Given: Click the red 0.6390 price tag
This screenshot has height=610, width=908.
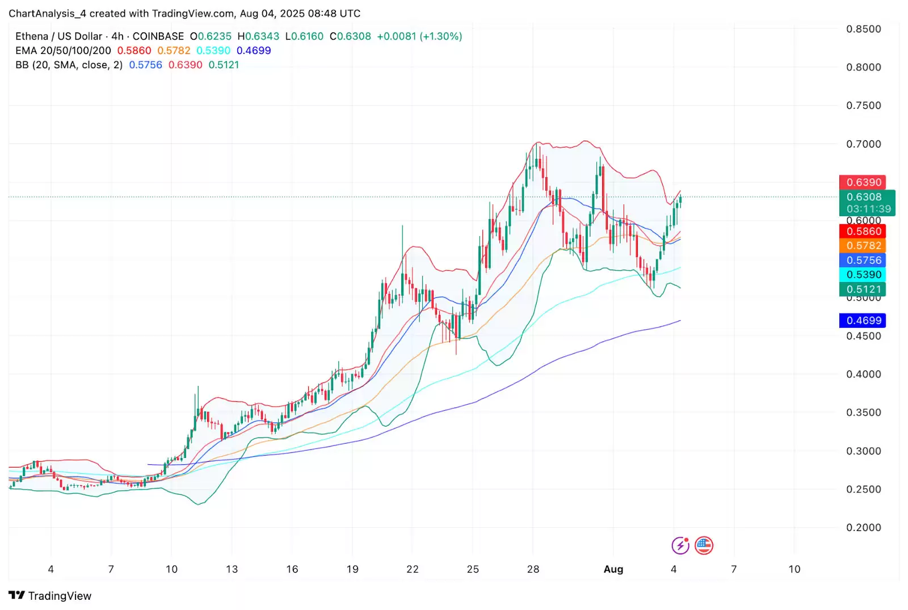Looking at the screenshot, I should [x=863, y=182].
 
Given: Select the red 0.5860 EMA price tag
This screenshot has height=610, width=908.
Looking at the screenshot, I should [x=863, y=232].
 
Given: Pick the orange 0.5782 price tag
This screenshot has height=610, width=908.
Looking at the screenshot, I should [x=863, y=246].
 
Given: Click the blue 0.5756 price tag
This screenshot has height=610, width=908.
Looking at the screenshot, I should [x=863, y=260].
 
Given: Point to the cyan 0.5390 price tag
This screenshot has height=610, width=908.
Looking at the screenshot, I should [x=863, y=275].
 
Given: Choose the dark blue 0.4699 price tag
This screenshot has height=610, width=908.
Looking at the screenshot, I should [x=863, y=321].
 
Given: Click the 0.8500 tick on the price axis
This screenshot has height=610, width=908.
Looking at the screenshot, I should [x=864, y=29].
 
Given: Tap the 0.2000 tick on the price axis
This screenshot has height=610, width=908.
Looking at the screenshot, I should [x=864, y=528].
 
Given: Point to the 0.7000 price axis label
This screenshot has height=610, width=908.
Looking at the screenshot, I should [x=864, y=144].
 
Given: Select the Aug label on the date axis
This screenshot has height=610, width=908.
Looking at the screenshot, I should [x=613, y=569].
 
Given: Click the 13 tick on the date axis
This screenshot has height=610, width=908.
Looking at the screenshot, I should [x=232, y=569].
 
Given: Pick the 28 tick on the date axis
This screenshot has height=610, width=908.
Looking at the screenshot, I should [x=533, y=569].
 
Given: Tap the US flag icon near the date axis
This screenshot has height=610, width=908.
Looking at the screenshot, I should [x=704, y=546].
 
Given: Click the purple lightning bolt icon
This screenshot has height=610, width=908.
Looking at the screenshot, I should [x=680, y=546].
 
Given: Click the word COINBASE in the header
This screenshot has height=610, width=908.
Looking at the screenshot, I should [x=158, y=36].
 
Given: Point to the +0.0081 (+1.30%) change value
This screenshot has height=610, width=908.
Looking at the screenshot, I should [x=419, y=36].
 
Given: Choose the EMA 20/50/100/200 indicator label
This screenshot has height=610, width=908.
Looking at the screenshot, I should [x=63, y=51].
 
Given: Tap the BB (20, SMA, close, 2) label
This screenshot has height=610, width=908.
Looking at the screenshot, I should [x=69, y=65].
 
